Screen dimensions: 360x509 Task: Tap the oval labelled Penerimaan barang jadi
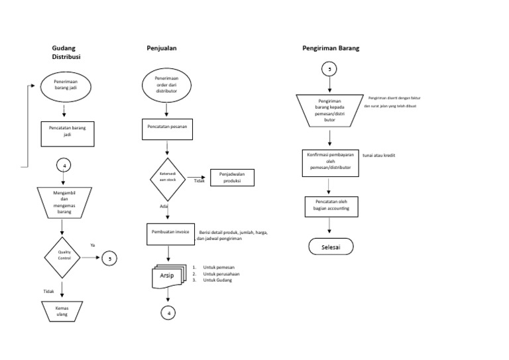64,86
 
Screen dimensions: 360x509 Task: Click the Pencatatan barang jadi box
68,131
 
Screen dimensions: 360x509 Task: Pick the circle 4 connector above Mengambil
64,165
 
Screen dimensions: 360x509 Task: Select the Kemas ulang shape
62,311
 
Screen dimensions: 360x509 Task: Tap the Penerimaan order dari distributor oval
166,86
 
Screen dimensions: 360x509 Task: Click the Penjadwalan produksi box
232,178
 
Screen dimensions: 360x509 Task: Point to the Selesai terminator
331,247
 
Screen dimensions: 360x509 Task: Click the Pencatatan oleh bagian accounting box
330,206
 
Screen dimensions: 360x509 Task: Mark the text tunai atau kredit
378,155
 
